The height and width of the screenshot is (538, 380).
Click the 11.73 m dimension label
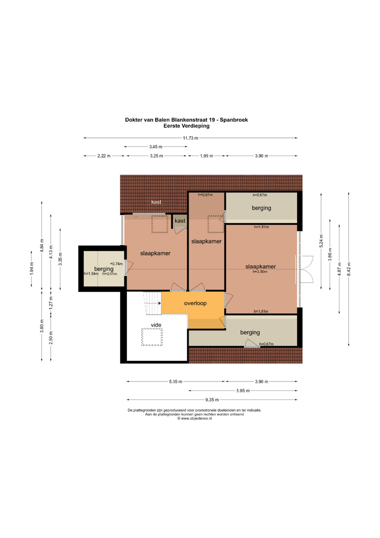pos(190,138)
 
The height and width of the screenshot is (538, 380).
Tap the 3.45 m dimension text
pos(156,147)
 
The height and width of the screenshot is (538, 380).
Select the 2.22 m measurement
pos(104,156)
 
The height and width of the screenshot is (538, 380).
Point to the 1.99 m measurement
pos(207,156)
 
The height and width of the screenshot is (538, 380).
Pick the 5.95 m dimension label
pos(243,391)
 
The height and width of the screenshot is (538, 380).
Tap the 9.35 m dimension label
pos(212,400)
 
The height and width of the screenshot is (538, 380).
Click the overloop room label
pos(195,303)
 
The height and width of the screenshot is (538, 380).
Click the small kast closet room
pos(180,221)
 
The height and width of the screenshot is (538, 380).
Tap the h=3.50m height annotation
pos(260,272)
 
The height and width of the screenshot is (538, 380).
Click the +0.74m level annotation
pos(116,264)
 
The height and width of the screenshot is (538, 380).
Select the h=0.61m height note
pos(205,195)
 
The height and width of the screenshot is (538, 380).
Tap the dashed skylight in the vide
pos(152,337)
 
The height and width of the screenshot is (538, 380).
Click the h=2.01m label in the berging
pos(110,274)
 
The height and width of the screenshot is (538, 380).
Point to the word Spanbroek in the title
pos(234,120)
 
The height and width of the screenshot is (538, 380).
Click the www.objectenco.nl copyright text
pos(195,419)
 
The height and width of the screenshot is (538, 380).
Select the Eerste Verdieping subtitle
pos(186,126)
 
